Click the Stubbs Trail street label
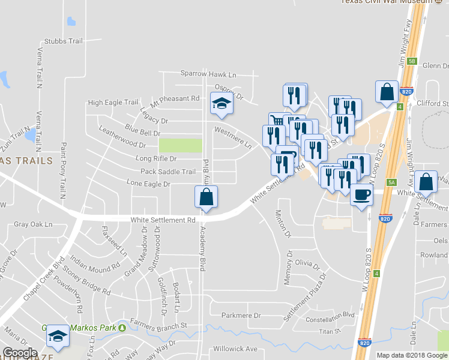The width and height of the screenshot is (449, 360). pyautogui.click(x=63, y=41)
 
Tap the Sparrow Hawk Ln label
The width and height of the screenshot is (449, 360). pyautogui.click(x=209, y=74)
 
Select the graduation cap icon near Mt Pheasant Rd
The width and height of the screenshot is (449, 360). pyautogui.click(x=221, y=104)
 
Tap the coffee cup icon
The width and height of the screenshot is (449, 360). pyautogui.click(x=361, y=195)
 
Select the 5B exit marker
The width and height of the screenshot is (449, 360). pyautogui.click(x=412, y=61)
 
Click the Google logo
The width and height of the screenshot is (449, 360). pyautogui.click(x=20, y=353)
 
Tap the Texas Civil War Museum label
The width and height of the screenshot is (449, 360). pyautogui.click(x=387, y=2)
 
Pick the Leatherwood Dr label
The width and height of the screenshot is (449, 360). pyautogui.click(x=122, y=145)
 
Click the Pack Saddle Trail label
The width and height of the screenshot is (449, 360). pyautogui.click(x=168, y=172)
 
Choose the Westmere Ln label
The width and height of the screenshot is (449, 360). pyautogui.click(x=233, y=137)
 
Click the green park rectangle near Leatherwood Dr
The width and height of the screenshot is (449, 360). pyautogui.click(x=181, y=146)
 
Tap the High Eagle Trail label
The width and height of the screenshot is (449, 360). pyautogui.click(x=113, y=103)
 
